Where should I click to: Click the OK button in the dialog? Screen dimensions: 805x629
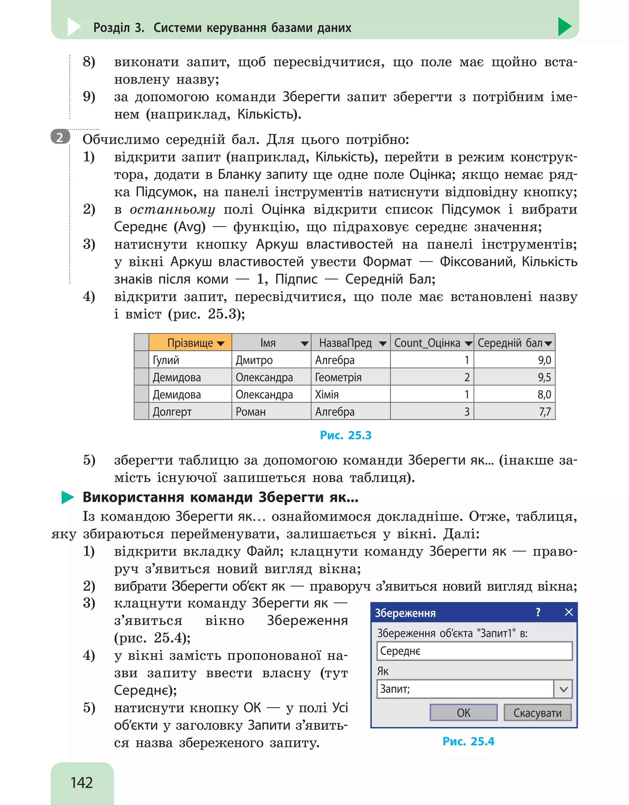(463, 712)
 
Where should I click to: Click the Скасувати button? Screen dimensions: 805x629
(537, 712)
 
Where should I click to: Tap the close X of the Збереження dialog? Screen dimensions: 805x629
(568, 612)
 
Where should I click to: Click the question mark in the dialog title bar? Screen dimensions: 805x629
(538, 612)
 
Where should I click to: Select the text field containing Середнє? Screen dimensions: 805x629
(474, 651)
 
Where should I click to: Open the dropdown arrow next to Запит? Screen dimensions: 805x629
(563, 689)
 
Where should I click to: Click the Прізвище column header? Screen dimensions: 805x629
(190, 343)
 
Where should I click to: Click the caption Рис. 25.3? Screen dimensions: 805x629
(345, 435)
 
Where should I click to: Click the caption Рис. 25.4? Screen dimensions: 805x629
(468, 741)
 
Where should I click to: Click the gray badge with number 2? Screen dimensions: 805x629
(60, 137)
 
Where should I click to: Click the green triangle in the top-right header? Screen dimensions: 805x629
(564, 27)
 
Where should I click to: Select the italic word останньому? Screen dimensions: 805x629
(172, 209)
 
